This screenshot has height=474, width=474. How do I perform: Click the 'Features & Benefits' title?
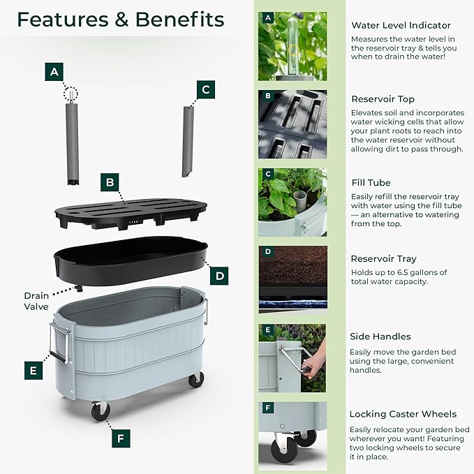tap(120, 20)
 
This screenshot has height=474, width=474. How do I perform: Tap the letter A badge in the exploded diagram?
tap(54, 72)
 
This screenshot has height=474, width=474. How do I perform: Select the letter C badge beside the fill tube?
tap(205, 89)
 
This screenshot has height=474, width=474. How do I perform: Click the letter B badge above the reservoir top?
tap(108, 184)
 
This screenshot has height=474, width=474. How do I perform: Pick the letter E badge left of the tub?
tap(33, 370)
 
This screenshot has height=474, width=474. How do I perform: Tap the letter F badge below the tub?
tap(121, 439)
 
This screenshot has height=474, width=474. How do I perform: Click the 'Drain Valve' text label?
tap(36, 301)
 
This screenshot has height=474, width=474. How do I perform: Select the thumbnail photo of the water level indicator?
tap(292, 46)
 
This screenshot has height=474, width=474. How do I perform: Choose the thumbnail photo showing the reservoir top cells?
tap(292, 124)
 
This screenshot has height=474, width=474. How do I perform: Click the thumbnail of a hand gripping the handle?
tap(292, 358)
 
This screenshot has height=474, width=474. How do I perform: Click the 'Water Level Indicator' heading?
tap(401, 25)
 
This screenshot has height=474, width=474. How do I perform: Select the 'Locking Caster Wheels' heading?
tap(403, 414)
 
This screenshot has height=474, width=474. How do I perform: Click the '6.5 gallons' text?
tap(422, 272)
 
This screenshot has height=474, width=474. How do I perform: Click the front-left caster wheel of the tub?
tap(101, 410)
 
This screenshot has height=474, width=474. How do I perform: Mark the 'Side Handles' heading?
tap(380, 336)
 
